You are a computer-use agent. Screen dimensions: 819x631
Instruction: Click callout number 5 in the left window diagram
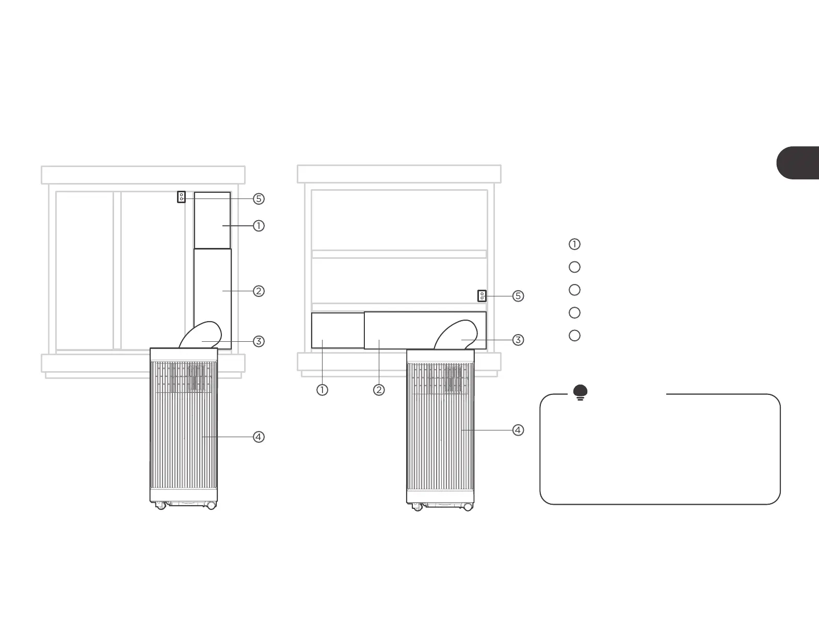[259, 198]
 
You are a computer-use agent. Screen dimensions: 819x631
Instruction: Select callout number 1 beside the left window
[259, 226]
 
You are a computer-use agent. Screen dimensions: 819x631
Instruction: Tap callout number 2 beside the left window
[259, 291]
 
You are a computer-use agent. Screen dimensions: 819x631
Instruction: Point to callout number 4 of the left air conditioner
[259, 437]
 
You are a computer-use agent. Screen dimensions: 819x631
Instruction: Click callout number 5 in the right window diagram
[518, 296]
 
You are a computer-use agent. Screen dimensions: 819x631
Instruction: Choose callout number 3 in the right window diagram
[518, 340]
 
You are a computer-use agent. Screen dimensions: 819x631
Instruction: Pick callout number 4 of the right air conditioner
[518, 430]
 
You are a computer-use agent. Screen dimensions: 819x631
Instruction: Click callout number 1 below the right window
[322, 390]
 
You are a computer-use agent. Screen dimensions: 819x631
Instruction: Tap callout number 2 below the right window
[379, 390]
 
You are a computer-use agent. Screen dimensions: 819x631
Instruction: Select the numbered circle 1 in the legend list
[574, 244]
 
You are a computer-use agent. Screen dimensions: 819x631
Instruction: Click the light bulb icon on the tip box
[580, 393]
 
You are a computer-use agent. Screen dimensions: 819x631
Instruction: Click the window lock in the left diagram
[181, 197]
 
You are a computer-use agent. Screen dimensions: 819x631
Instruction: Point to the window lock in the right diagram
[482, 296]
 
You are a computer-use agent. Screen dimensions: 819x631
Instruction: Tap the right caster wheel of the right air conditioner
[468, 507]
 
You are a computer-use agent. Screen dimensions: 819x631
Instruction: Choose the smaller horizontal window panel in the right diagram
[338, 330]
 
